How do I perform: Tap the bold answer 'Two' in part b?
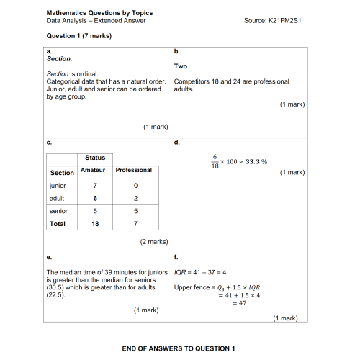[x=181, y=66]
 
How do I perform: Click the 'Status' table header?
[x=95, y=157]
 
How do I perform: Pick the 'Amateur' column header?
[x=95, y=170]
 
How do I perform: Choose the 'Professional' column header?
[x=134, y=170]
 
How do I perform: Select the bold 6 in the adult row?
[x=95, y=198]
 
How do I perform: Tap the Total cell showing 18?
[x=95, y=224]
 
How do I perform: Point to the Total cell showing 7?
[x=135, y=224]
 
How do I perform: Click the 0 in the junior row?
[x=135, y=185]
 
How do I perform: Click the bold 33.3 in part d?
[x=251, y=161]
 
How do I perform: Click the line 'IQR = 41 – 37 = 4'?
[x=201, y=271]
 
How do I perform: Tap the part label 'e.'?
[x=48, y=256]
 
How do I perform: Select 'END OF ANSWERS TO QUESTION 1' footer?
[x=179, y=348]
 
